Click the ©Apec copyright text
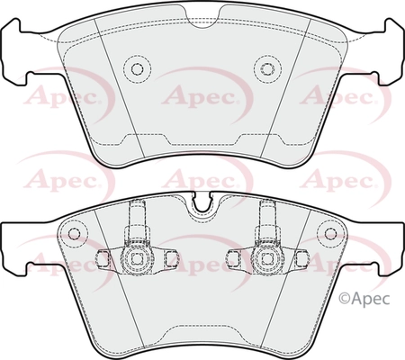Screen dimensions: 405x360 364,299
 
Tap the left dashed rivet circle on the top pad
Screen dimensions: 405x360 137,69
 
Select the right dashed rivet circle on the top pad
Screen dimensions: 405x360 267,69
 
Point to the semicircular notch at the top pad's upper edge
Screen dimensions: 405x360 202,18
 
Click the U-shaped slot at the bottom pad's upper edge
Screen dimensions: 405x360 202,202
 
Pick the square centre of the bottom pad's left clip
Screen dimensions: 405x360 138,258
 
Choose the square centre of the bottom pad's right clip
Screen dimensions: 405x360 267,258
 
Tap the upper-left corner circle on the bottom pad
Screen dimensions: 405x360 74,233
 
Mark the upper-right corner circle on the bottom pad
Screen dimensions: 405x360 330,233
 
